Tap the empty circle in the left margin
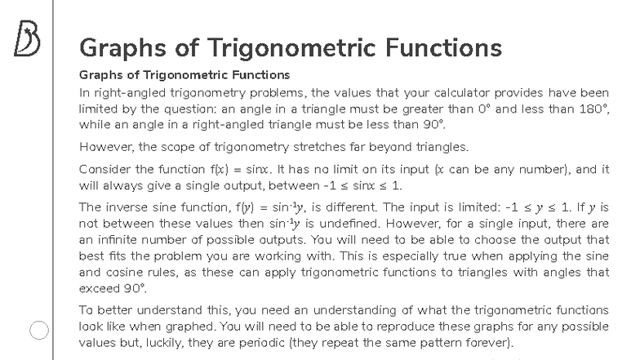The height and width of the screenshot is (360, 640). point(40,330)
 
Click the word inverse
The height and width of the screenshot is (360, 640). point(125,207)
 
